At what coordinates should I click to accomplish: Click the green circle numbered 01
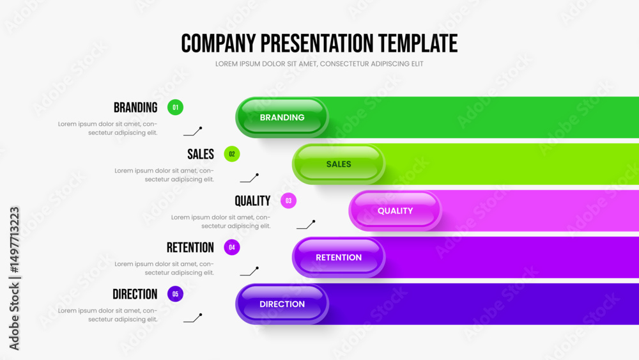pos(175,107)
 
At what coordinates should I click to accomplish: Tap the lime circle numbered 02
pos(232,154)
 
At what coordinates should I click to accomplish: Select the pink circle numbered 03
pos(289,201)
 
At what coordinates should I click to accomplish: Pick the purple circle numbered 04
pos(232,247)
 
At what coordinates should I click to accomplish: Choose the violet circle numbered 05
pos(175,294)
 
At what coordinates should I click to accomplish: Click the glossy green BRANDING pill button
pos(282,118)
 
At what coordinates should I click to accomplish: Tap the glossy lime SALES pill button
pos(339,164)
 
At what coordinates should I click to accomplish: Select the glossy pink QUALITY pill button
pos(396,211)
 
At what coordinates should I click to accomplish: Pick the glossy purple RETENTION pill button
pos(339,257)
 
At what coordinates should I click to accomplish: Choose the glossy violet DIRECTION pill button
pos(282,304)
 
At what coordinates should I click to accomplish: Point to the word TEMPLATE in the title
pos(418,43)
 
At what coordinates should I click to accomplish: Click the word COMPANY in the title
pos(219,43)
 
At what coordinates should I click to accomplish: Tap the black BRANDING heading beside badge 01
pos(135,107)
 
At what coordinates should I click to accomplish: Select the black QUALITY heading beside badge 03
pos(252,201)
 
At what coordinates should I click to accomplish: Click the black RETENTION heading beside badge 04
pos(190,247)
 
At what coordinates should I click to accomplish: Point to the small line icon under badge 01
pos(193,131)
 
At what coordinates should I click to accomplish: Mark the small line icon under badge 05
pos(193,318)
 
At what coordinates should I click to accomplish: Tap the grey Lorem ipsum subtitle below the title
pos(319,64)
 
